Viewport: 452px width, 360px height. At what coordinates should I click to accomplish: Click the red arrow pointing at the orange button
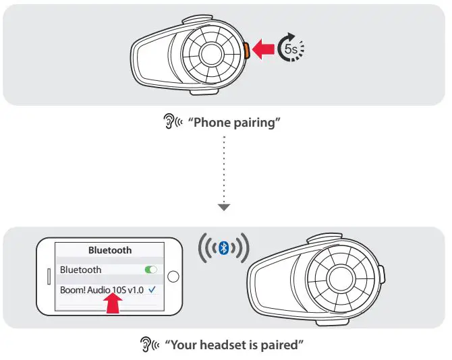coord(264,49)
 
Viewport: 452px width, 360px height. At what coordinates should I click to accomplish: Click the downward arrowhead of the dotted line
coord(225,207)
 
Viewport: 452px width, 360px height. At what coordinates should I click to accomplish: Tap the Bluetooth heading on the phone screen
coord(110,250)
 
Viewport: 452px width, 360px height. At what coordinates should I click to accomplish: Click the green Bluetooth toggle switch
coord(150,270)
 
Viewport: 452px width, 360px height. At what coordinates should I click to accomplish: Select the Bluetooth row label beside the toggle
coord(80,270)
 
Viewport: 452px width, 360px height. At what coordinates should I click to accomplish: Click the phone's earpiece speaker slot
coord(47,276)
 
